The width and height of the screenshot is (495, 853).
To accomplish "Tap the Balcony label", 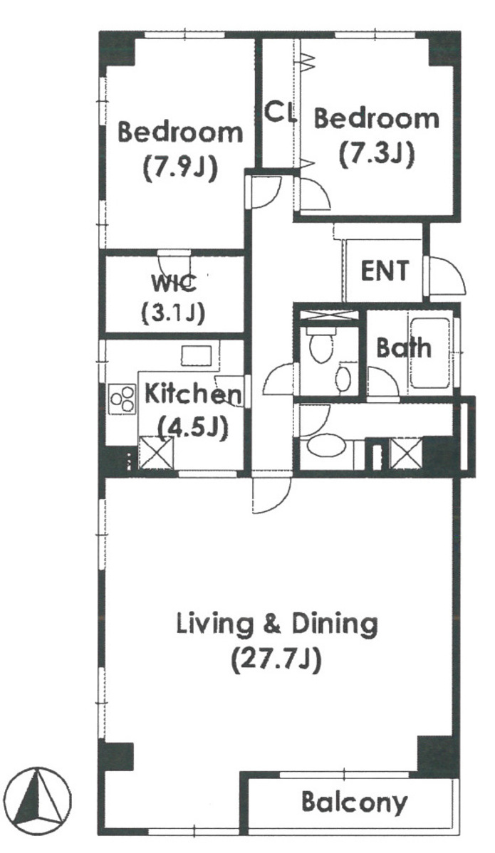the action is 354,802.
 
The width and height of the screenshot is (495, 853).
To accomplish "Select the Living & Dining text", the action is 276,624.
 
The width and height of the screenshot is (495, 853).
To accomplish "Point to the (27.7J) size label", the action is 276,661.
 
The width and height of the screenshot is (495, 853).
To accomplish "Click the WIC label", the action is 173,283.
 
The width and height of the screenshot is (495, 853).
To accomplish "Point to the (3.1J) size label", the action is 173,313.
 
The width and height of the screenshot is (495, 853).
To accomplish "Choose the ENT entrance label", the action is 385,271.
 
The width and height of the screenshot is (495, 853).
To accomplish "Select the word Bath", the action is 403,348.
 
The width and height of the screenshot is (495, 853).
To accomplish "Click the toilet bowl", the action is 321,346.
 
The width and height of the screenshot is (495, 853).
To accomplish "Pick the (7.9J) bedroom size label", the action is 180,168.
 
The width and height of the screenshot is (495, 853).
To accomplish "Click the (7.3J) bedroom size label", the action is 377,154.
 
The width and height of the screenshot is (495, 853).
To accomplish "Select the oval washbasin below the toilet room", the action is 325,447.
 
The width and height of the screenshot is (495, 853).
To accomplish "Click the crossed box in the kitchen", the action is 157,453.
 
